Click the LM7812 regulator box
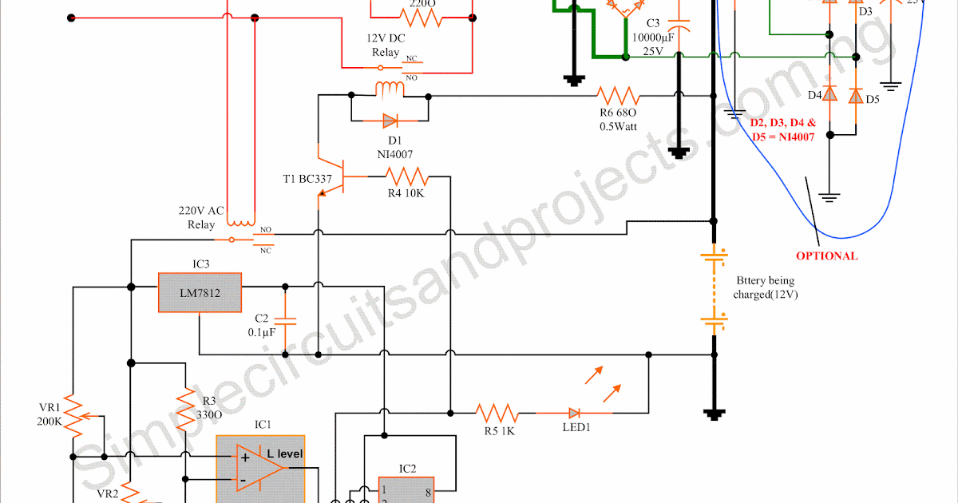200,293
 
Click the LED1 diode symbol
574,413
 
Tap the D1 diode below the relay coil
390,121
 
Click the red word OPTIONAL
826,256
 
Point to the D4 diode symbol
830,95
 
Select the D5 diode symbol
855,96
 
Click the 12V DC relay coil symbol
390,88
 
